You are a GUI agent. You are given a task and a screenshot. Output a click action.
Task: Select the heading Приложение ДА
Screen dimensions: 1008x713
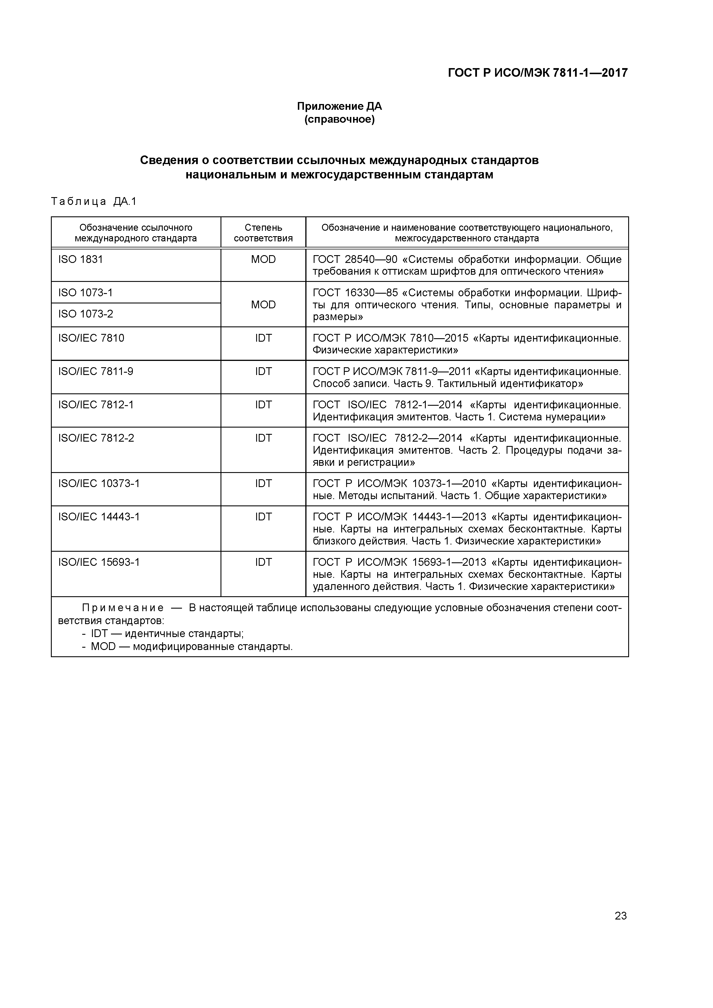pyautogui.click(x=339, y=106)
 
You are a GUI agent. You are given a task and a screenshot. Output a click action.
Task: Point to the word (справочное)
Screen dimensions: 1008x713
pyautogui.click(x=339, y=120)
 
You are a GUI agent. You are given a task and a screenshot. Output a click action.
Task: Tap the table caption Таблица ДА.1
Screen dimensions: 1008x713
pyautogui.click(x=94, y=201)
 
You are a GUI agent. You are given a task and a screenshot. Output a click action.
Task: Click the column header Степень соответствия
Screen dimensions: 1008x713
pyautogui.click(x=263, y=233)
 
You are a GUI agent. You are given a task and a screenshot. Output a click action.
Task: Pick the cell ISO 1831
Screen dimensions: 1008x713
pyautogui.click(x=80, y=259)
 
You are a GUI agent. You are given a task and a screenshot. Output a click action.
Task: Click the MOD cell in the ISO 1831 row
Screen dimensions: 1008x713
pyautogui.click(x=263, y=259)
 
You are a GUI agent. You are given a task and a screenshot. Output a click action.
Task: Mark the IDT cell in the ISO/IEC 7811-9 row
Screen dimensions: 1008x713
pyautogui.click(x=263, y=372)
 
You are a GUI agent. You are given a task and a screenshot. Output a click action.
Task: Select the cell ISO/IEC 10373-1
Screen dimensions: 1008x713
pyautogui.click(x=99, y=484)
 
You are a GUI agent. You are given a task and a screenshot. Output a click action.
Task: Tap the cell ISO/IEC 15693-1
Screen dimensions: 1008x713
pyautogui.click(x=99, y=562)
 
